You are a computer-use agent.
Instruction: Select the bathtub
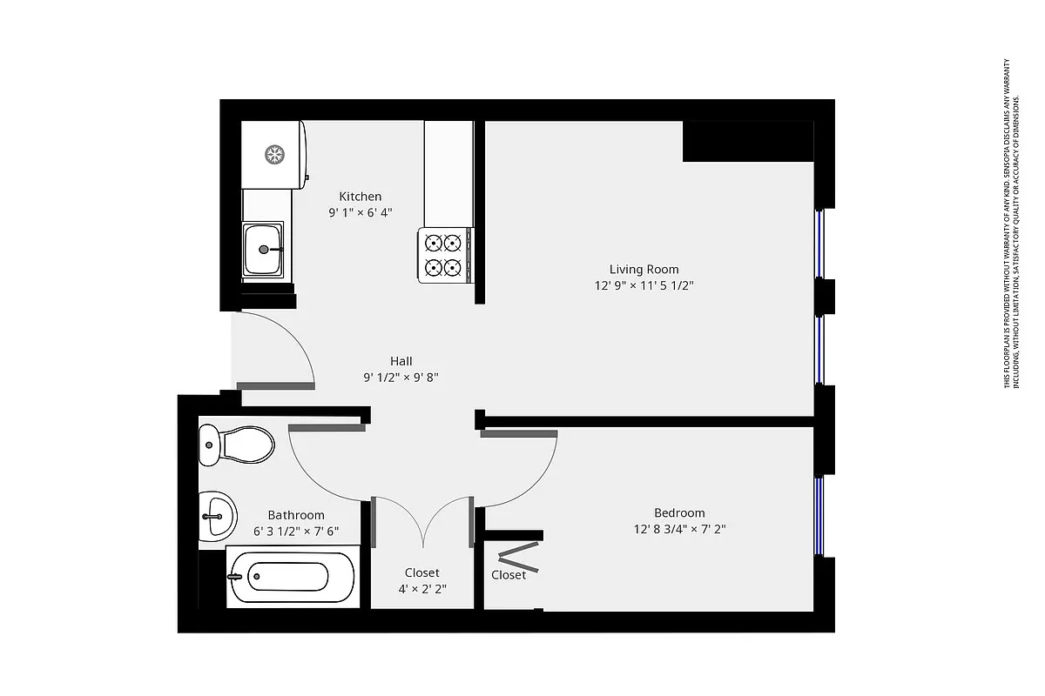[289, 576]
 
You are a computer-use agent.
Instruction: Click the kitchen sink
[263, 249]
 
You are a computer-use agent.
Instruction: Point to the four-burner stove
[445, 255]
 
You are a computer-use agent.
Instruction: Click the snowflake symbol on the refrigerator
[275, 156]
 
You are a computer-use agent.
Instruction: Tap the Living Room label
[644, 269]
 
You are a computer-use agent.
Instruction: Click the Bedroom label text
[679, 512]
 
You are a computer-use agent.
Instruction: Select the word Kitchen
[360, 197]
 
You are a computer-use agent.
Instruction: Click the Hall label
[401, 361]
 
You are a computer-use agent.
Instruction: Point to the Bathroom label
[295, 515]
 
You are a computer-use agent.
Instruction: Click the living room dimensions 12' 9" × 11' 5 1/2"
[644, 285]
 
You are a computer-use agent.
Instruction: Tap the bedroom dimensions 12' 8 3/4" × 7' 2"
[679, 528]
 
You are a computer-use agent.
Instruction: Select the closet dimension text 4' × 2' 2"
[421, 589]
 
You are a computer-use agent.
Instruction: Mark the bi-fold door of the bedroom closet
[518, 556]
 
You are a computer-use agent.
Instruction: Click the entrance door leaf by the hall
[274, 385]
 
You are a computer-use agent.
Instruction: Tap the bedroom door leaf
[518, 433]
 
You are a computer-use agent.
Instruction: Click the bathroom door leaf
[326, 427]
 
